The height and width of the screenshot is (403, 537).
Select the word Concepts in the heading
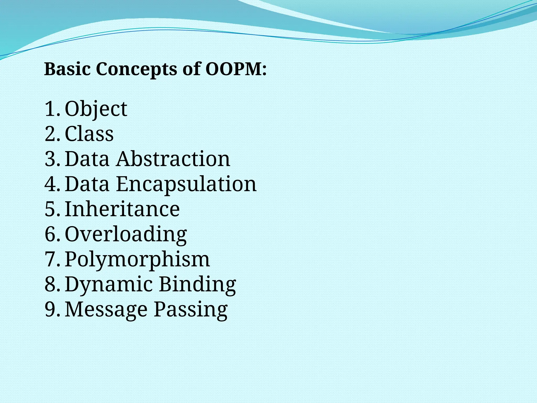click(x=136, y=70)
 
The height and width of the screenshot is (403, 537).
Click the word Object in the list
click(x=96, y=109)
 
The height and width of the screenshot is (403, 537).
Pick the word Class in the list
click(x=89, y=134)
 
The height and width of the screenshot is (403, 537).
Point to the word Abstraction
click(x=173, y=159)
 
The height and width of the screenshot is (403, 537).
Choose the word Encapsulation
click(x=186, y=184)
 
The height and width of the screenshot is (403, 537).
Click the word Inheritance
click(x=122, y=209)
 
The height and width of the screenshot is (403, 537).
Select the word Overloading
click(x=126, y=234)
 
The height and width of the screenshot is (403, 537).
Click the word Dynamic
click(x=109, y=284)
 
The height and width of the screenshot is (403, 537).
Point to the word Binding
click(x=197, y=284)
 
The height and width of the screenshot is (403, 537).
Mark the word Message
click(x=106, y=310)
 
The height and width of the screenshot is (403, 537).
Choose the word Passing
click(x=191, y=310)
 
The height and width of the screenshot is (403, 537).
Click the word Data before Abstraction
click(x=87, y=159)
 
